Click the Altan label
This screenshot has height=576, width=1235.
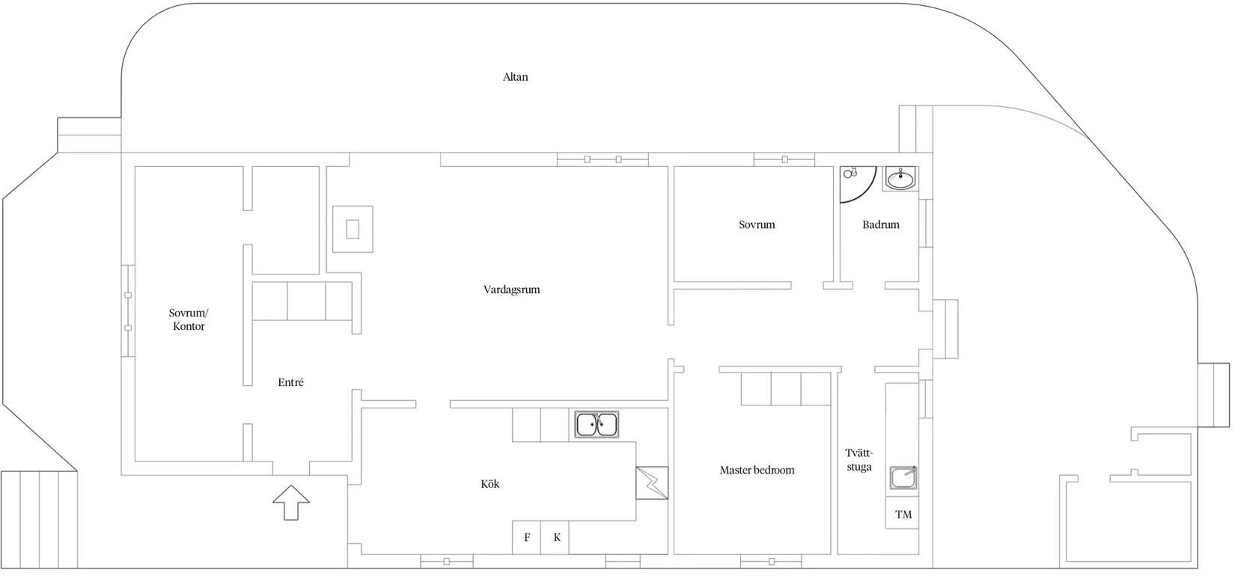pos(515,77)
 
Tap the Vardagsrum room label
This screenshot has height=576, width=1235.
pos(512,290)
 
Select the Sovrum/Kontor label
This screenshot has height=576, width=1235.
pos(189,319)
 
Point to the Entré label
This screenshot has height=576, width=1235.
pos(290,382)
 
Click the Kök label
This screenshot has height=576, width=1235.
pos(490,484)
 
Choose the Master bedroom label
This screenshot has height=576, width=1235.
pos(757,471)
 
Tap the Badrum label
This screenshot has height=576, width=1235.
pos(880,225)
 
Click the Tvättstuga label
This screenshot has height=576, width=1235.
pos(859,460)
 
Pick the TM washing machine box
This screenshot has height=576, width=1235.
pos(903,514)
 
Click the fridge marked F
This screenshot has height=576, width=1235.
pos(526,537)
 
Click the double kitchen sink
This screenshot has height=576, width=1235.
pos(597,425)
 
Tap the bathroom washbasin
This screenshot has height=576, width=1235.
pos(900,179)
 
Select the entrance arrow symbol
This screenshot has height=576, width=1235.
pos(291,503)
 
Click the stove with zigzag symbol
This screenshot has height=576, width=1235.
pos(652,483)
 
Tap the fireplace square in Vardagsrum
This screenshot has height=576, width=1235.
pos(353,230)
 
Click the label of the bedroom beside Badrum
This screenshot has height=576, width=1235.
pos(757,225)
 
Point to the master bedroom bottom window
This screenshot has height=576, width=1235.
pos(771,562)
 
